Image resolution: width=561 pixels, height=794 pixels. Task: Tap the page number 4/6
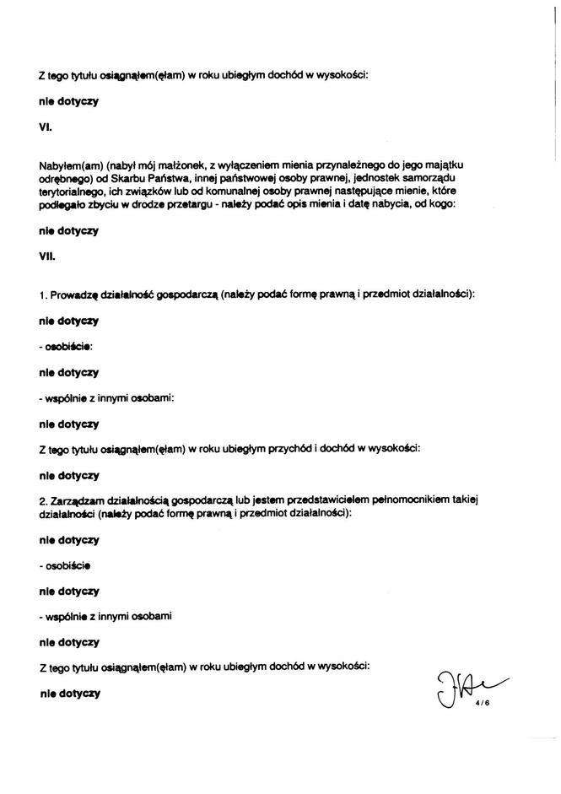482,699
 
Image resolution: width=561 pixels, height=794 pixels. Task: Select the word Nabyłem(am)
67,162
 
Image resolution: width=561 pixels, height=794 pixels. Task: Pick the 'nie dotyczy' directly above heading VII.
69,230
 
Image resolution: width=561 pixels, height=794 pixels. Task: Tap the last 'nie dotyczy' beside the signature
69,694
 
